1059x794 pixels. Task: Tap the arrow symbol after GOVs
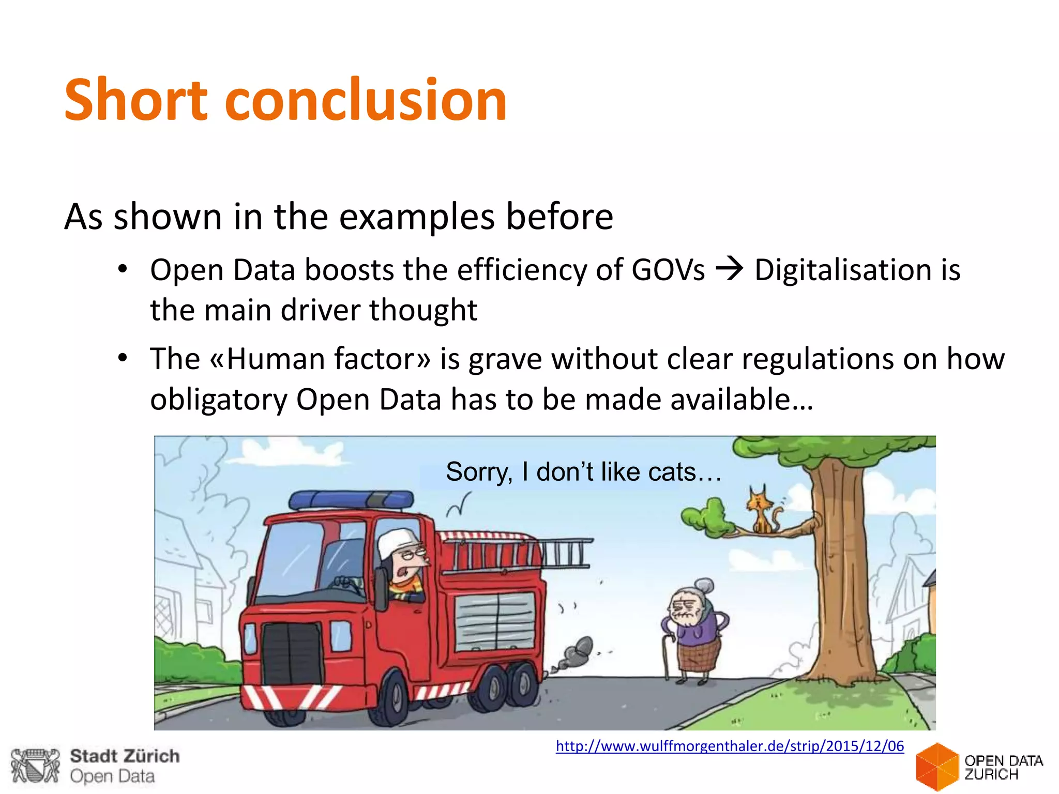(x=729, y=269)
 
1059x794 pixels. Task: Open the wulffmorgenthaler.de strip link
(x=730, y=746)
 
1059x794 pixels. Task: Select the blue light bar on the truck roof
(x=352, y=499)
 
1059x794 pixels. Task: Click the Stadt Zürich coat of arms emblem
(x=35, y=766)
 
